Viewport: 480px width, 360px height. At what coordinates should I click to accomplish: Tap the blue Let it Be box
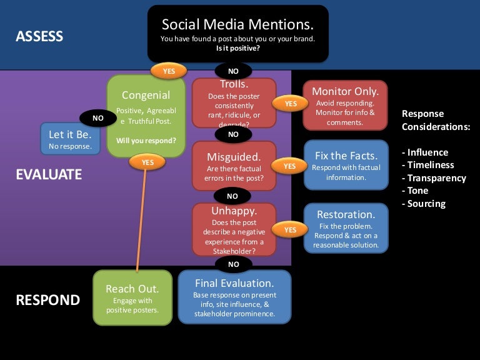coord(70,139)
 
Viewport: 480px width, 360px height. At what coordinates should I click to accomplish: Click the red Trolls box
coord(234,104)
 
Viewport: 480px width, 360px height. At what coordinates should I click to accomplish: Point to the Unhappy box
coord(234,229)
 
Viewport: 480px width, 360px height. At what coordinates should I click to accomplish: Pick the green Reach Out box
coord(132,297)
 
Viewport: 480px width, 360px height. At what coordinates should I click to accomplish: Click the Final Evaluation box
coord(234,297)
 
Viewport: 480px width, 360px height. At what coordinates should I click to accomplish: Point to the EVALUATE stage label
coord(49,174)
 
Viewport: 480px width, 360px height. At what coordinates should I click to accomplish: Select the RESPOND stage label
coord(47,300)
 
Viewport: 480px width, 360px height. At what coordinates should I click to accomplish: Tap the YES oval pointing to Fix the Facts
coord(289,166)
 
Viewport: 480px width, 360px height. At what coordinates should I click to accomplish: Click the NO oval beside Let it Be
coord(98,117)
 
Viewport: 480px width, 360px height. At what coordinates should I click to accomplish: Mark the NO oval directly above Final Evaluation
coord(234,264)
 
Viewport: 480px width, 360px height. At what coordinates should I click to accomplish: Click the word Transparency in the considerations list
coord(436,178)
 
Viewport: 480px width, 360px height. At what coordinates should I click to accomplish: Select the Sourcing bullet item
coord(426,203)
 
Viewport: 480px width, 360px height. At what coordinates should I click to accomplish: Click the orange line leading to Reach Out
coord(141,219)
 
